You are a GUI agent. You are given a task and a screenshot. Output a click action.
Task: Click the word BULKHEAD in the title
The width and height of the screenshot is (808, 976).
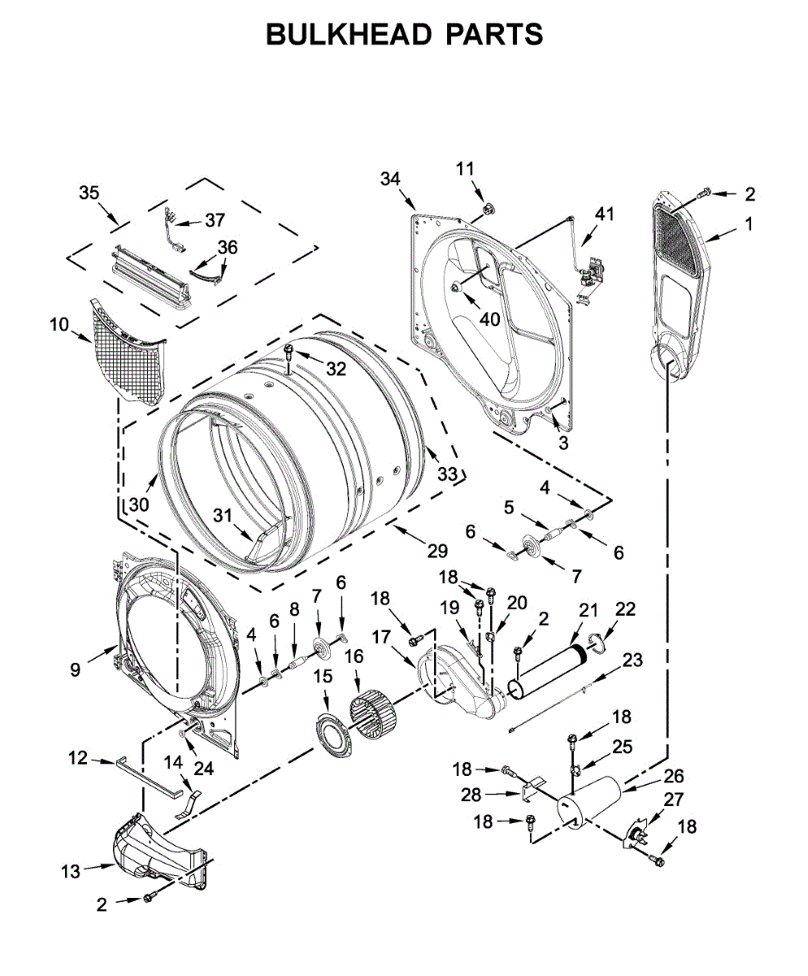tap(349, 34)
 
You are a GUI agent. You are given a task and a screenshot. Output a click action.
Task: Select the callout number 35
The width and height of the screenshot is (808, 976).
tap(89, 193)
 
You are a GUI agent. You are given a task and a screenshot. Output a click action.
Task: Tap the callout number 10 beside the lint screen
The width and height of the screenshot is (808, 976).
tap(59, 325)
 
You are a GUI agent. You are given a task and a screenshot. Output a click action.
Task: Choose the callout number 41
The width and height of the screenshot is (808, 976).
tap(605, 214)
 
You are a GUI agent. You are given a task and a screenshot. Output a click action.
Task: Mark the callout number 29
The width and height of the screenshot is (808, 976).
tap(437, 551)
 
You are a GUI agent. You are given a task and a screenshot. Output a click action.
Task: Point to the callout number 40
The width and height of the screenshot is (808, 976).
tap(489, 320)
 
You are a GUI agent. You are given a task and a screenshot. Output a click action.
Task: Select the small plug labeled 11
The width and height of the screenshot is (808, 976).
tap(488, 209)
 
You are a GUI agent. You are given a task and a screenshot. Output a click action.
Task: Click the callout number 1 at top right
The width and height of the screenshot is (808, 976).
tap(749, 224)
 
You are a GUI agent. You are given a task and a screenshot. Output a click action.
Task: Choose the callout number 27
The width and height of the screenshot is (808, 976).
tap(674, 800)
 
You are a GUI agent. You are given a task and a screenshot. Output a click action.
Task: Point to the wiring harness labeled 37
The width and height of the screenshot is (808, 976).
tap(174, 232)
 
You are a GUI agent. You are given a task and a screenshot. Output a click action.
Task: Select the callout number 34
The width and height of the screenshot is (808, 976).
tap(390, 179)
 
